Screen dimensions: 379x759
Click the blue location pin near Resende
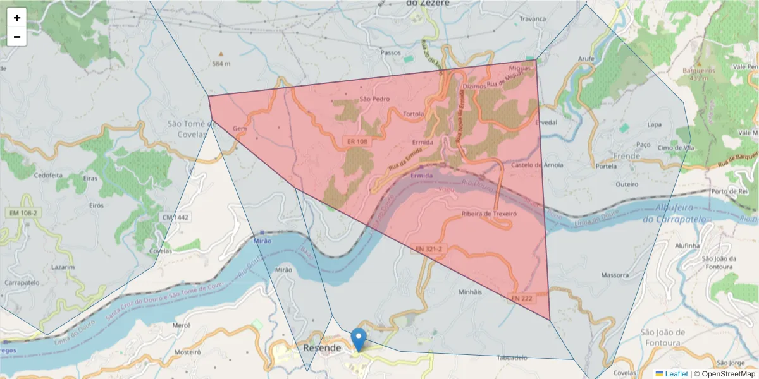click(359, 339)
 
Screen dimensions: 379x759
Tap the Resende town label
click(322, 348)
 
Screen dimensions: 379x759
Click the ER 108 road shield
click(357, 142)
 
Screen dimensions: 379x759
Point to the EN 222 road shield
click(522, 298)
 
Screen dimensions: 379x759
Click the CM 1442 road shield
click(175, 217)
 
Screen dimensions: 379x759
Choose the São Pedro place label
click(374, 99)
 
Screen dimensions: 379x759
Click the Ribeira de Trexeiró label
click(490, 214)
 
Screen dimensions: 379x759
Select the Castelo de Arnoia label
click(537, 165)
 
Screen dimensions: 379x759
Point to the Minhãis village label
click(469, 292)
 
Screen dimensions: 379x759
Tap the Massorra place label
click(615, 275)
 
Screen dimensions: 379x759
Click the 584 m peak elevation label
click(221, 64)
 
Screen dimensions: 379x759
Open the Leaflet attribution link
click(676, 374)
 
